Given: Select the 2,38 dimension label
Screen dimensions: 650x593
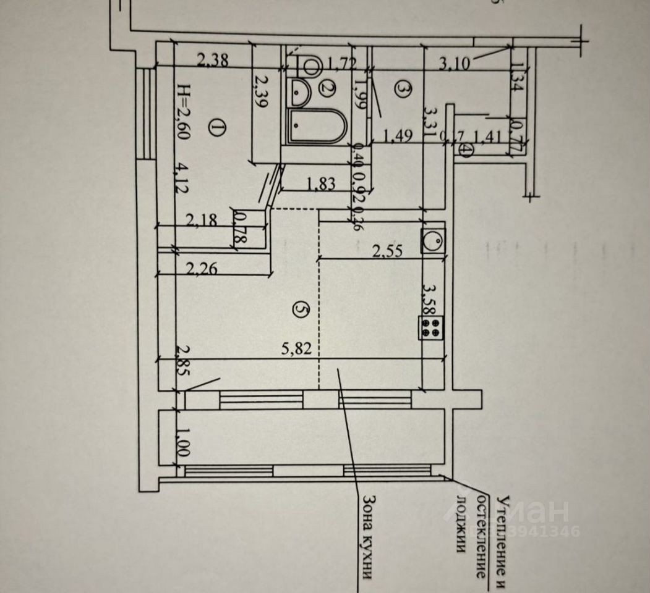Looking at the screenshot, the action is pos(213,61).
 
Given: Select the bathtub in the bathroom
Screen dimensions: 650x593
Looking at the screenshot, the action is pos(314,127).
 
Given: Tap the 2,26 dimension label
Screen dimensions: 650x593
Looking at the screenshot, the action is pos(201,268).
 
